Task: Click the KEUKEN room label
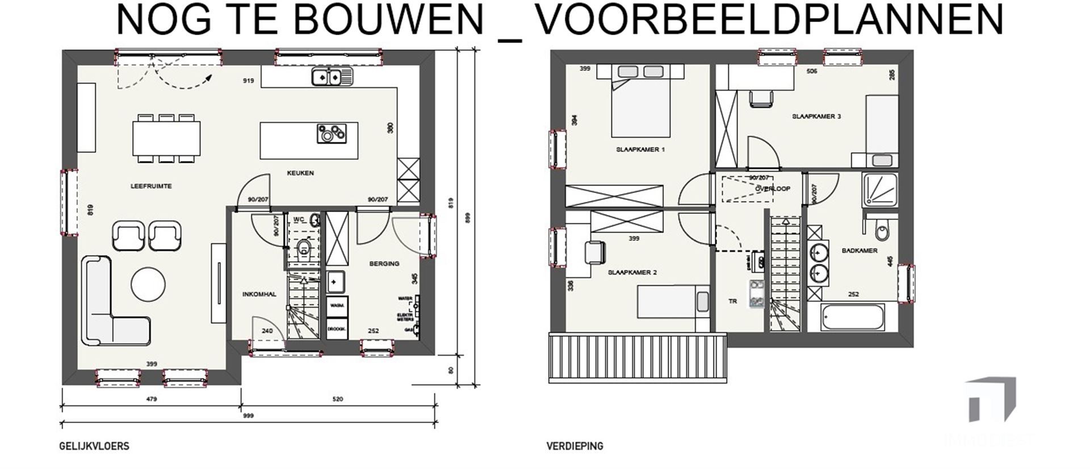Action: click(300, 174)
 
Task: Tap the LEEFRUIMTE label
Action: click(151, 186)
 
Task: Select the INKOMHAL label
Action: click(259, 294)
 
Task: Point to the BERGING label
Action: click(384, 264)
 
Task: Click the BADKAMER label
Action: click(860, 251)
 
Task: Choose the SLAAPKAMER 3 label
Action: click(816, 117)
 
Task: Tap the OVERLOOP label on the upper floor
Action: click(773, 189)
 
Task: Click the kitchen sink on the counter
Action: click(332, 76)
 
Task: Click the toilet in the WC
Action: click(304, 248)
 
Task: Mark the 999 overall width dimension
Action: click(248, 416)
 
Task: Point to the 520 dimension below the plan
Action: click(338, 399)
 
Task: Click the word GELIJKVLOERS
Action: click(94, 446)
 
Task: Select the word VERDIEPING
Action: click(575, 446)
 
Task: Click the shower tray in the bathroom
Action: click(879, 189)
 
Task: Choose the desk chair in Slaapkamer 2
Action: click(594, 252)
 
